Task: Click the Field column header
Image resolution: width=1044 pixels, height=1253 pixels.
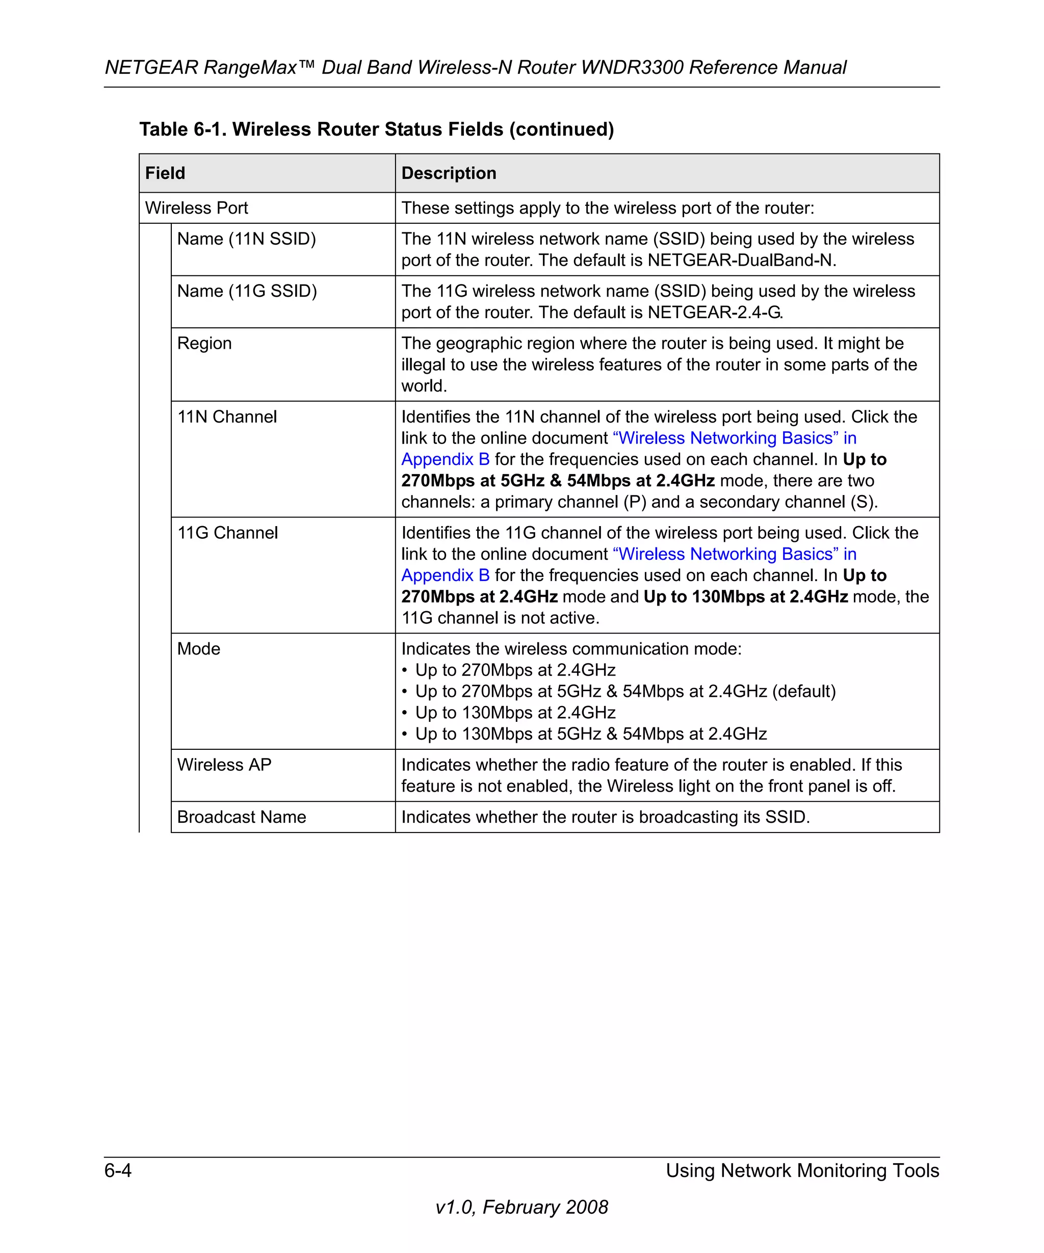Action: click(x=165, y=173)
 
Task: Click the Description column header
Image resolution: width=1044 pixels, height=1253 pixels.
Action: click(x=449, y=173)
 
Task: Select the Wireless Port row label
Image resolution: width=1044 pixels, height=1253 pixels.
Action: click(x=196, y=207)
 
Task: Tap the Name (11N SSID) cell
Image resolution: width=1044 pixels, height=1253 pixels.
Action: click(x=246, y=239)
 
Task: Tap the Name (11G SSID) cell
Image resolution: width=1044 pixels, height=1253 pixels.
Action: click(x=247, y=291)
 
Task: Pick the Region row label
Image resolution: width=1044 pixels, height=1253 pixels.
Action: click(x=204, y=343)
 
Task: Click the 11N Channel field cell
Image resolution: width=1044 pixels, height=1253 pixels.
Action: click(x=227, y=416)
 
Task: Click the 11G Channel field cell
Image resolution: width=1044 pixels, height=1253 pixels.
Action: click(x=227, y=533)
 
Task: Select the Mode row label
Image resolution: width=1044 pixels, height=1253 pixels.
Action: click(x=199, y=648)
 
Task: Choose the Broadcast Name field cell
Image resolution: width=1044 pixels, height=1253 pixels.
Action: click(x=242, y=817)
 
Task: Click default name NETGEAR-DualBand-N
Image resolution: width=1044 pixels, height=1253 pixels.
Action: click(x=740, y=260)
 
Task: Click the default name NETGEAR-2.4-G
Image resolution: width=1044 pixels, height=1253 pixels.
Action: click(x=714, y=312)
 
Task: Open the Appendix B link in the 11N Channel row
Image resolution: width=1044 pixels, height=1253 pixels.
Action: click(x=445, y=459)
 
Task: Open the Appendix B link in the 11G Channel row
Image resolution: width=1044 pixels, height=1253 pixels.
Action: click(x=445, y=575)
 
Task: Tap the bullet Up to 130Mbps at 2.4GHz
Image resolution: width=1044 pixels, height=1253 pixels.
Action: click(x=515, y=713)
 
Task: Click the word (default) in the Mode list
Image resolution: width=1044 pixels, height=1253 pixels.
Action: click(x=803, y=691)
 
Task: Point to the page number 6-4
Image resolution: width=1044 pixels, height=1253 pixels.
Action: click(x=118, y=1170)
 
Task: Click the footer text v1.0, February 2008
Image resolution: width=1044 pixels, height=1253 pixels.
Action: click(x=521, y=1207)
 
